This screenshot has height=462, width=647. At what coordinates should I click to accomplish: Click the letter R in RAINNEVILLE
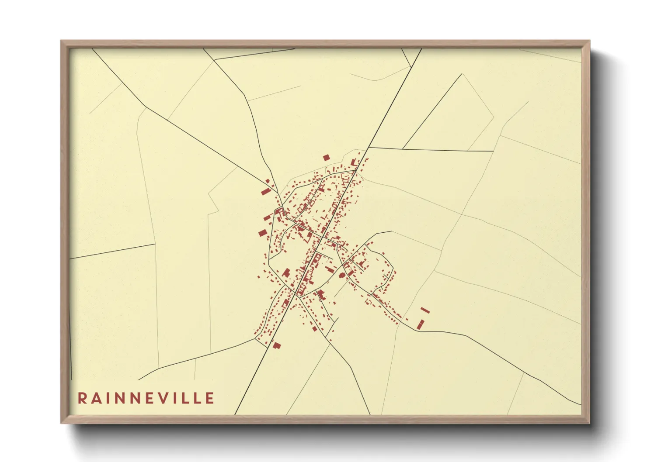point(82,398)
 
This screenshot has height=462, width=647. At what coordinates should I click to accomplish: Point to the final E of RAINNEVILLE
point(210,398)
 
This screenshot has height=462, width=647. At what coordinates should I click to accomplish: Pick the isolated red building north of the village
point(326,158)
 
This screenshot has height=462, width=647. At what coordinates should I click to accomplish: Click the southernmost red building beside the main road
point(276,345)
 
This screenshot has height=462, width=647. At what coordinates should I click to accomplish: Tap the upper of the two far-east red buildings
point(425,310)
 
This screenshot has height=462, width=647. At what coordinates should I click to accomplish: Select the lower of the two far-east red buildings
point(421,324)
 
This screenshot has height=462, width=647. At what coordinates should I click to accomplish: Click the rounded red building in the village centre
point(342,275)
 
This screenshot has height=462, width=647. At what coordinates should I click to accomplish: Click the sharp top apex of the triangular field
point(462,74)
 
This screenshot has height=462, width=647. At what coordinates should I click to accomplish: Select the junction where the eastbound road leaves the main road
point(368,148)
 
